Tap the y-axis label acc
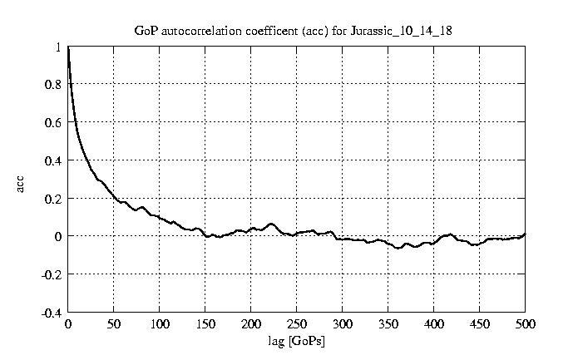[21, 182]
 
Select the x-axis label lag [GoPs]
[297, 341]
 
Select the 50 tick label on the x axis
[114, 324]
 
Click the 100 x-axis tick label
[159, 324]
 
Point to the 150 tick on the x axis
[205, 324]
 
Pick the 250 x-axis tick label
[296, 324]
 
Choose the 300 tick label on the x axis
[342, 324]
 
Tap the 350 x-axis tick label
[388, 324]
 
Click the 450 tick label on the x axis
[479, 324]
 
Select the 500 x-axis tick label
[525, 324]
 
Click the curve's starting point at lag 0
[68, 48]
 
